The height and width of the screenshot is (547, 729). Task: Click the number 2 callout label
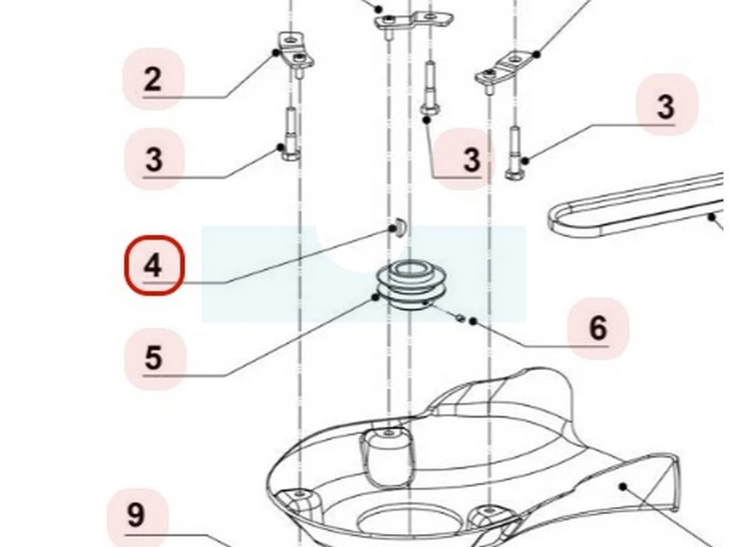(x=153, y=79)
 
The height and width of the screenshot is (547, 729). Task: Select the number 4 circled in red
(x=154, y=265)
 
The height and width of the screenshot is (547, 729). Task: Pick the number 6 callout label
(x=598, y=328)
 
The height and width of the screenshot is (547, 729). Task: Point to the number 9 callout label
(x=136, y=515)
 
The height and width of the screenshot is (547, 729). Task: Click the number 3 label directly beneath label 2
(x=154, y=159)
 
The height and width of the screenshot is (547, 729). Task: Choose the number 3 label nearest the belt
(x=666, y=105)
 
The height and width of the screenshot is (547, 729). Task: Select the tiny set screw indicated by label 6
(x=460, y=317)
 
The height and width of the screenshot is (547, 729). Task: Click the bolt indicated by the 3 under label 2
(x=291, y=134)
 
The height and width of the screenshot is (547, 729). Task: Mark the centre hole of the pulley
(x=409, y=269)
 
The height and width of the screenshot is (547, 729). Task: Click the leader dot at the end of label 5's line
(x=375, y=297)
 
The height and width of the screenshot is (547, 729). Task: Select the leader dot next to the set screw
(x=473, y=322)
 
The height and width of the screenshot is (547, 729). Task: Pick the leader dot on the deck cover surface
(x=623, y=487)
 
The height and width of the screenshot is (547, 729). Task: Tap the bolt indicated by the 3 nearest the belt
(x=515, y=152)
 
